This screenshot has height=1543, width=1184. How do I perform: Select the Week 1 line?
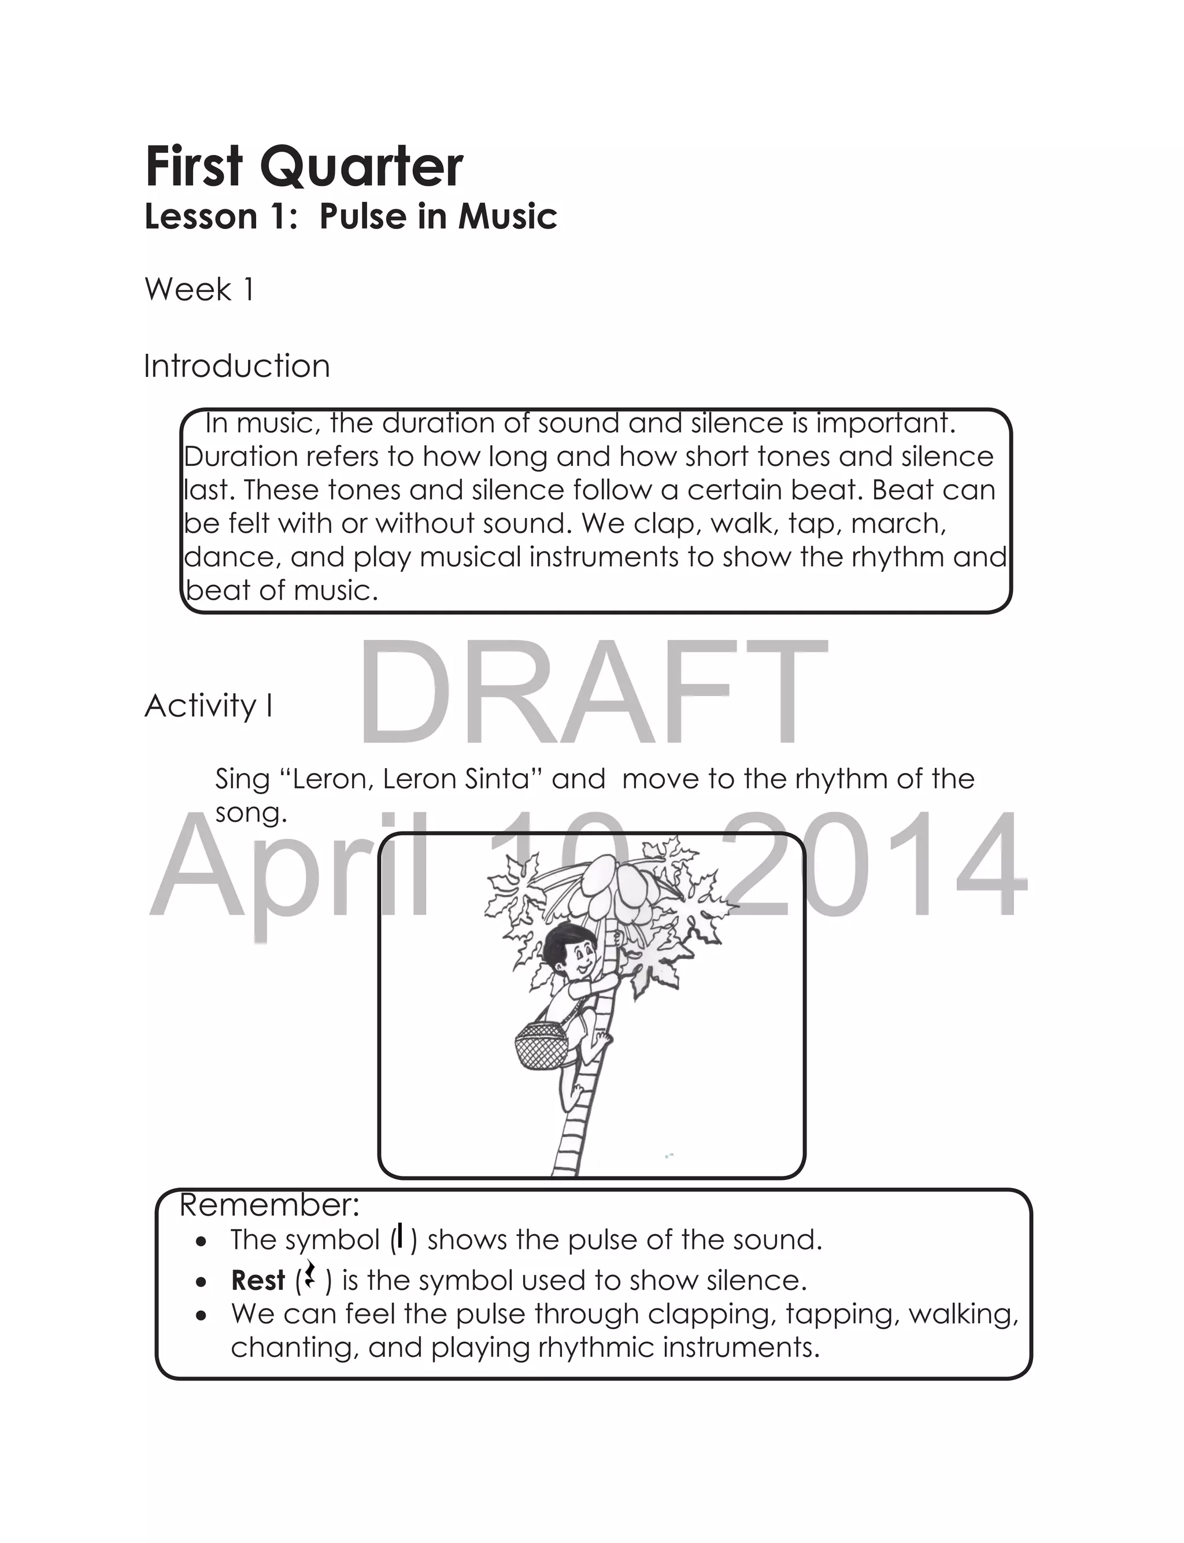point(199,290)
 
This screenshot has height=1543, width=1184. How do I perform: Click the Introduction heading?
point(237,367)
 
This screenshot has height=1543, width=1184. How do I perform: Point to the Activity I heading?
point(209,705)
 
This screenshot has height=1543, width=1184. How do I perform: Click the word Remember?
point(270,1205)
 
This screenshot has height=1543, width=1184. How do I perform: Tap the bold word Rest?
point(258,1280)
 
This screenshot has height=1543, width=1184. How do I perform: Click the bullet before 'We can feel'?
point(202,1315)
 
